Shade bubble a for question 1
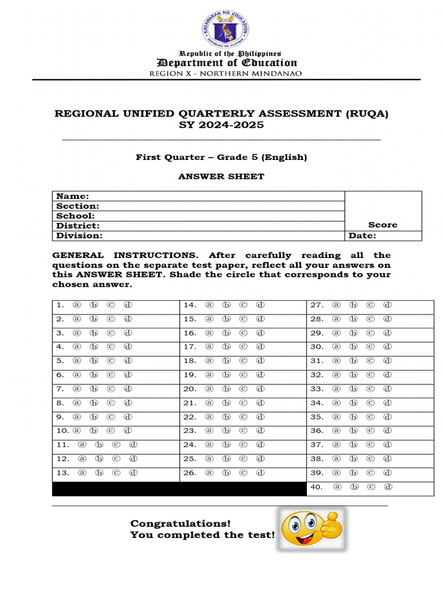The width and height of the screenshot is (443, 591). click(x=76, y=305)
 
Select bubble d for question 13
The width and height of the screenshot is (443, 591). click(x=133, y=473)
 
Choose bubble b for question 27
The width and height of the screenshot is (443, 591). click(x=353, y=305)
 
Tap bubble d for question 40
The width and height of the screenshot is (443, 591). click(x=389, y=487)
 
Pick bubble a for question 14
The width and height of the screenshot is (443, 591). click(x=209, y=305)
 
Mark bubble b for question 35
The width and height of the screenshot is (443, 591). click(x=353, y=417)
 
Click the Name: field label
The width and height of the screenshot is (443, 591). click(x=72, y=196)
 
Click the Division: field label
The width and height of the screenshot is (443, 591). click(x=79, y=235)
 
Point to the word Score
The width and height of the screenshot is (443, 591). click(x=382, y=225)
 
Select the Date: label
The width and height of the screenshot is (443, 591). click(x=362, y=235)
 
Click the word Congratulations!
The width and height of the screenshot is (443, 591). click(x=180, y=523)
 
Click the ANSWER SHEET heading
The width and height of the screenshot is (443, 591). click(x=221, y=177)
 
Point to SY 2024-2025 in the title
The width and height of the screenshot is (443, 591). click(x=221, y=125)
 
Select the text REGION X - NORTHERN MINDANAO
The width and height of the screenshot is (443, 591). click(x=225, y=73)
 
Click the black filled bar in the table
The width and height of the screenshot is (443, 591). click(x=179, y=489)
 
